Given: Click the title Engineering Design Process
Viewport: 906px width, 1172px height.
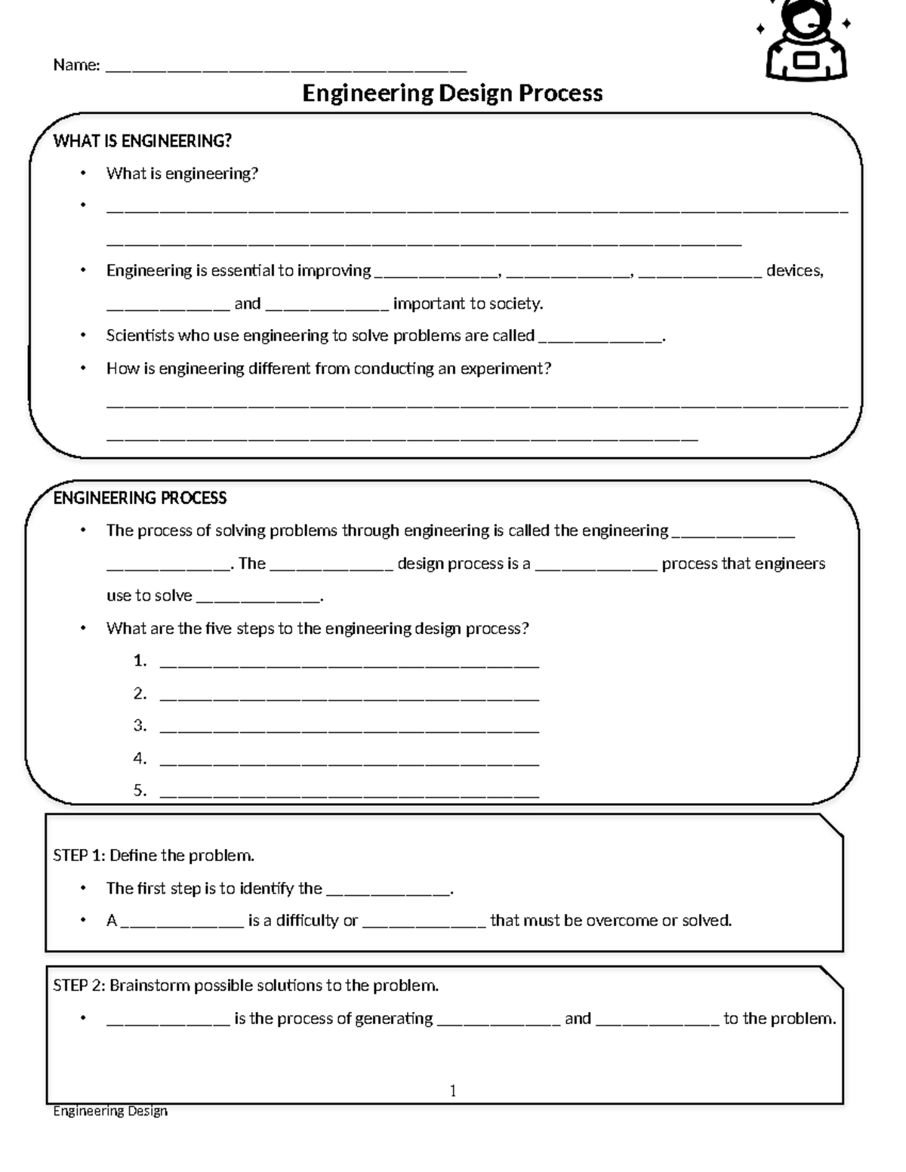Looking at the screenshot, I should (x=452, y=93).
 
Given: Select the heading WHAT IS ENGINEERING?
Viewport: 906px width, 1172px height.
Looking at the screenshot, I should (x=142, y=141).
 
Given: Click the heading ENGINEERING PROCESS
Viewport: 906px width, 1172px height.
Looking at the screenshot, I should (x=140, y=498).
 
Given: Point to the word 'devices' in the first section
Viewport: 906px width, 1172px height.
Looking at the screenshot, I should (x=793, y=271).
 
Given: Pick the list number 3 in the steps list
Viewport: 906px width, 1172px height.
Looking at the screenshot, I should (x=140, y=726).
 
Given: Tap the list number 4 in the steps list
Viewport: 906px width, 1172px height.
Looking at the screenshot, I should (x=140, y=758).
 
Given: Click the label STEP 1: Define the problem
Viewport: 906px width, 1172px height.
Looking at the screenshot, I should (x=153, y=855).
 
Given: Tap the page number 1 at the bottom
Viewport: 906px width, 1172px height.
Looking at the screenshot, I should (x=452, y=1090).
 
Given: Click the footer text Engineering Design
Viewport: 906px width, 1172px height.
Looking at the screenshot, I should (x=110, y=1111).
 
